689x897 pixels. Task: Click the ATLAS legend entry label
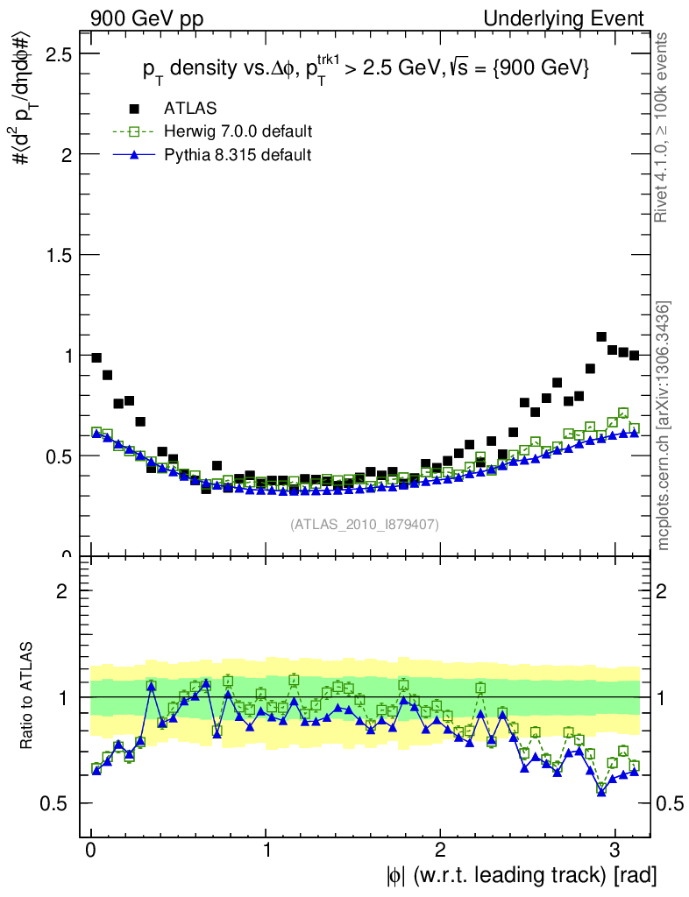[x=190, y=109]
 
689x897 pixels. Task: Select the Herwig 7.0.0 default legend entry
[x=238, y=131]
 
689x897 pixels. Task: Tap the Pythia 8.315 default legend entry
[x=237, y=155]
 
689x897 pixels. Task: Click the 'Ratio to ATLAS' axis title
[x=29, y=696]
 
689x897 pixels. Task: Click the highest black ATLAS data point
[x=601, y=336]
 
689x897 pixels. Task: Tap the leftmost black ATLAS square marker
[x=96, y=357]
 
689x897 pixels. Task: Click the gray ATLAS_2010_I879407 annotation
[x=365, y=524]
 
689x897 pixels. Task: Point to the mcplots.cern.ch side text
[x=664, y=427]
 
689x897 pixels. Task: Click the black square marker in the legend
[x=134, y=109]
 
